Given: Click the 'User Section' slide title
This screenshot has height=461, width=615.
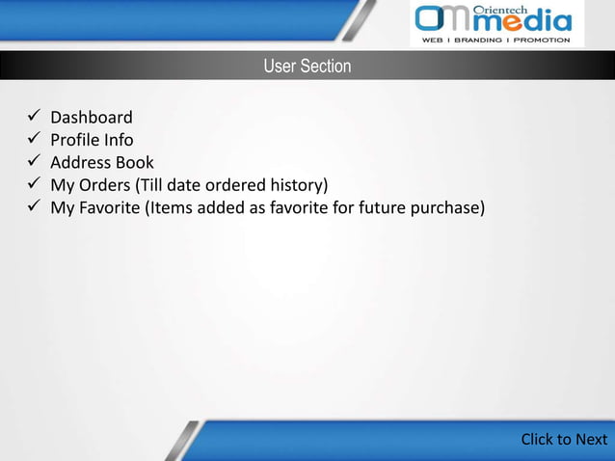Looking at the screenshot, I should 307,67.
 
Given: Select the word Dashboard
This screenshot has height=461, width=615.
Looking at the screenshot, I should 92,118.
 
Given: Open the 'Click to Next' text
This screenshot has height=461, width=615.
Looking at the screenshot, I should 564,440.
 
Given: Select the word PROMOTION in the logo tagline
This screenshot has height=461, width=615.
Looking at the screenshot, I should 546,41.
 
